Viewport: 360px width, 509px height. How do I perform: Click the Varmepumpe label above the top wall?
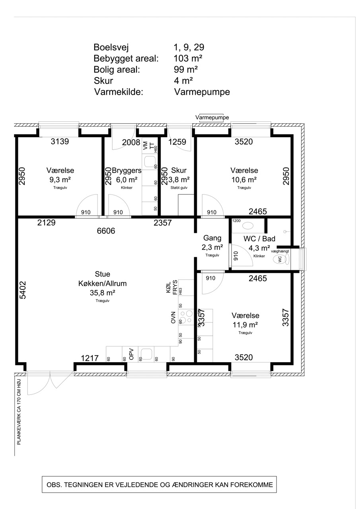pos(212,117)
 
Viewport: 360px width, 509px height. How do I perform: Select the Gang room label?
pos(212,238)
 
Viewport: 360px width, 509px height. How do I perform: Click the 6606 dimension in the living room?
pos(106,231)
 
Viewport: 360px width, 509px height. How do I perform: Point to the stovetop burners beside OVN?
pos(186,317)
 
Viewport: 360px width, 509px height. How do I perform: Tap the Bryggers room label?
pos(126,170)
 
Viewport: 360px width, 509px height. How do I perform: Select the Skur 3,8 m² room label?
pos(179,175)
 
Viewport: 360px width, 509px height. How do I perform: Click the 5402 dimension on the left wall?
pos(23,290)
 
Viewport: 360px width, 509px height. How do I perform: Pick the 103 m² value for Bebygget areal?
pos(188,58)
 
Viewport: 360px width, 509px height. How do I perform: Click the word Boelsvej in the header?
pos(111,47)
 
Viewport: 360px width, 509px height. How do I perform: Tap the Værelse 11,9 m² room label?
pos(245,320)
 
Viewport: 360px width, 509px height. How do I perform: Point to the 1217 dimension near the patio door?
pos(90,358)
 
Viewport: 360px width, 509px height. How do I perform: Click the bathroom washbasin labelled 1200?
pos(247,225)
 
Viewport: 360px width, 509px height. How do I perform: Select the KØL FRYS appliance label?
pos(171,288)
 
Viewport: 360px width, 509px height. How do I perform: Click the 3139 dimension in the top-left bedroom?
pos(60,141)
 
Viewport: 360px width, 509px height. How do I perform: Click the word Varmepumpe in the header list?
pos(202,92)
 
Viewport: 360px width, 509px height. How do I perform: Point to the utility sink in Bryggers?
pos(150,161)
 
